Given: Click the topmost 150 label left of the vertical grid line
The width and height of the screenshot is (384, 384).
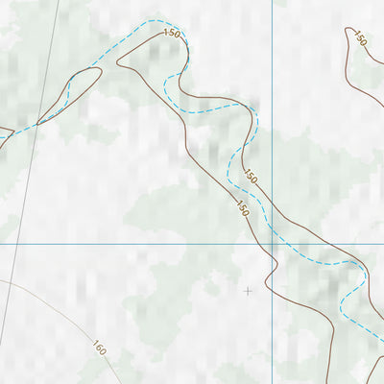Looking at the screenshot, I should [172, 34].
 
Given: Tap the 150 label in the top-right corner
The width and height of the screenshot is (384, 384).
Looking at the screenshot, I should [360, 38].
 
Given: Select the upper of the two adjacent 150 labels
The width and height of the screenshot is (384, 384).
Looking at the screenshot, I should [251, 177].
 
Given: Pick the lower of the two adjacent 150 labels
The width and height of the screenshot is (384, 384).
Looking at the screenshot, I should [242, 207].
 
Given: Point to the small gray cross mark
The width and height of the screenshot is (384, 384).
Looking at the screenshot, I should [248, 290].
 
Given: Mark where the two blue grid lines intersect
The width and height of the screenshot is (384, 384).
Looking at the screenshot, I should [273, 244].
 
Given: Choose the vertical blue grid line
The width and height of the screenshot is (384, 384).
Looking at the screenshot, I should [273, 115].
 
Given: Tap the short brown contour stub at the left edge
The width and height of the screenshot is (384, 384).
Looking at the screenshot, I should [5, 128].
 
